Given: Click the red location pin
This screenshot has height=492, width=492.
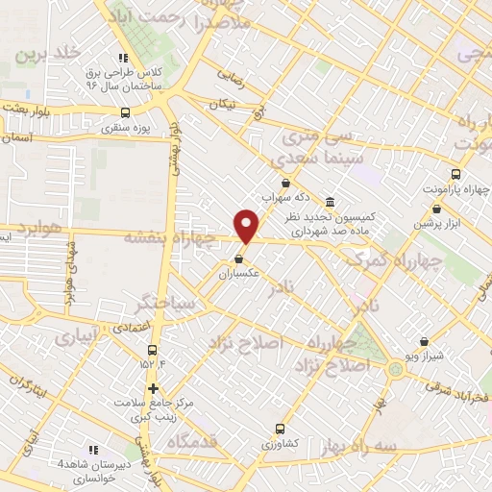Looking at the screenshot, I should (247, 226).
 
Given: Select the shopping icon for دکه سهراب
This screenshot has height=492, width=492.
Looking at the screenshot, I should (284, 183).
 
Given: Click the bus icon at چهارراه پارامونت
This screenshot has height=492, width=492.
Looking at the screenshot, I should (455, 176).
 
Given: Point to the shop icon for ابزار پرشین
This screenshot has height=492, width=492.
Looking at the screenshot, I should (436, 209).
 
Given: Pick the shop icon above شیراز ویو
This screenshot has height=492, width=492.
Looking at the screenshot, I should (425, 340).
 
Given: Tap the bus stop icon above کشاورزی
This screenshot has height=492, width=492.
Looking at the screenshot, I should (280, 429).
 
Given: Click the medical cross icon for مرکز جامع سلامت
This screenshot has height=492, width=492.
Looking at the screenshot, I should (153, 388).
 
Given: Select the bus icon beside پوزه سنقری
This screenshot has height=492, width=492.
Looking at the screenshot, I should (124, 112).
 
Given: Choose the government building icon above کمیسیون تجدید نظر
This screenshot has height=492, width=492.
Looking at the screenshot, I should (331, 202).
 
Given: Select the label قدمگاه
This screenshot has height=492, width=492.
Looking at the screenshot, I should (193, 443).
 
